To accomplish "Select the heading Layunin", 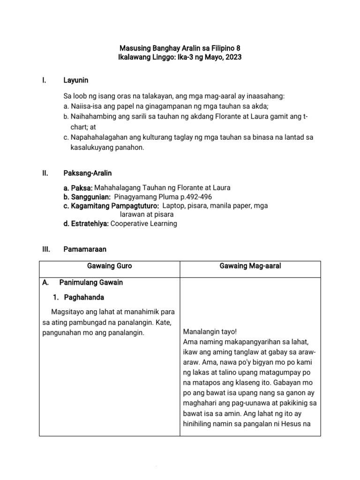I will [75, 80].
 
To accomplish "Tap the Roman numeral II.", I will [45, 173].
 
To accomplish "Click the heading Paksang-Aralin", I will [87, 173].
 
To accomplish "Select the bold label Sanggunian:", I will [87, 196].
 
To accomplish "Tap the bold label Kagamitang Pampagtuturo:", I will [110, 205].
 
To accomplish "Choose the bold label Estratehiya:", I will [86, 224].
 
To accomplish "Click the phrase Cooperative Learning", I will [144, 224].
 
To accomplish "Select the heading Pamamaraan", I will [85, 249].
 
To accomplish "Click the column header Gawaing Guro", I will [110, 266].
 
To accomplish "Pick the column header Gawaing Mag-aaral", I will [250, 266].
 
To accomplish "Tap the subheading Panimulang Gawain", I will [91, 282].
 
